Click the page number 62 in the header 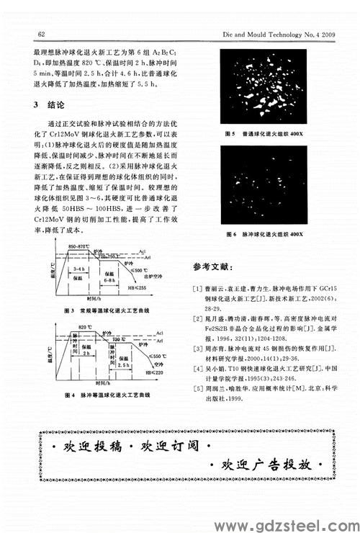(41, 33)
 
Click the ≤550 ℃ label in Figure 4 (150, 357)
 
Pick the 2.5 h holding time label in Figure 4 (122, 364)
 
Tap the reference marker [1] (197, 288)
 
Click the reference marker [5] (197, 389)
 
